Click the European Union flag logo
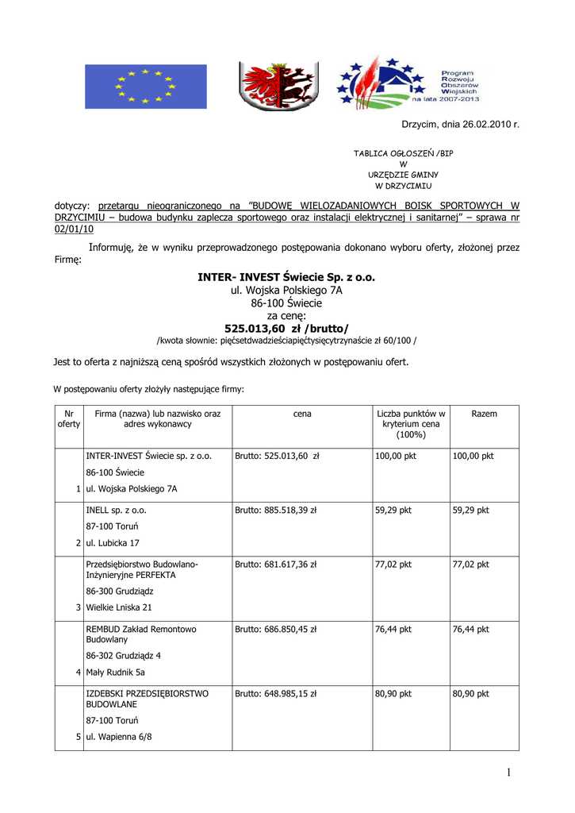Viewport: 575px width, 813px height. click(146, 87)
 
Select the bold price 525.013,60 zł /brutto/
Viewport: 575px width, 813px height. click(286, 328)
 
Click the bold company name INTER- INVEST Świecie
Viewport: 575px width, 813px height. click(286, 277)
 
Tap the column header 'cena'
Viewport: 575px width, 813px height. click(301, 414)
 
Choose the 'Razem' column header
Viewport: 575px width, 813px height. click(484, 414)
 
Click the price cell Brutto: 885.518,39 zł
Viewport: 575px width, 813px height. click(275, 511)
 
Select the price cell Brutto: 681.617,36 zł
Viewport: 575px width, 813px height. click(275, 564)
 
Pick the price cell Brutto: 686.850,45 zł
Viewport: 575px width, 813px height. click(275, 629)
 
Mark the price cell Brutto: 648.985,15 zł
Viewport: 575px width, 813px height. click(275, 693)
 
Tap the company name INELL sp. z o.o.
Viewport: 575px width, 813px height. click(116, 511)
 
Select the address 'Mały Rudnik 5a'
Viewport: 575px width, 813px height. click(115, 672)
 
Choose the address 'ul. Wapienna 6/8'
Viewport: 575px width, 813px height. click(119, 737)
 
